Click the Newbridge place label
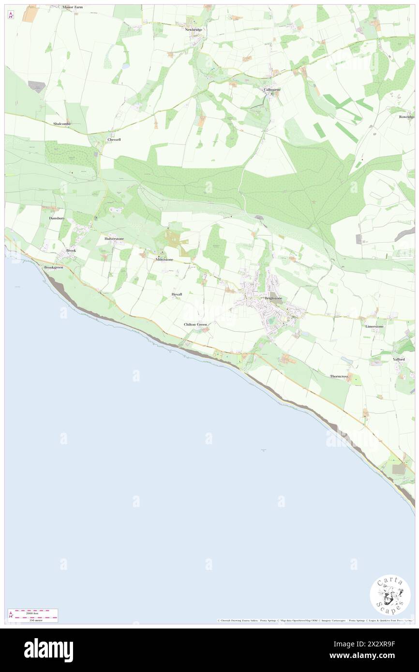(x=193, y=29)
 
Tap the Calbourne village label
(x=271, y=89)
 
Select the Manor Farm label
(x=73, y=7)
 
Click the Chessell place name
(x=114, y=139)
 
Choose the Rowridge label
(x=407, y=117)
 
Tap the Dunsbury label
(x=57, y=218)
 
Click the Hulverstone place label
(x=114, y=239)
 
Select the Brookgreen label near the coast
(x=54, y=267)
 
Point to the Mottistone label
(x=164, y=260)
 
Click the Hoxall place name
(x=177, y=294)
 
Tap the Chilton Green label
(x=195, y=324)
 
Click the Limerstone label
(x=374, y=326)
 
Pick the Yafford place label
(x=399, y=360)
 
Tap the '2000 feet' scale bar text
(x=33, y=612)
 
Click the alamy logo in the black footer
(x=48, y=650)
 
